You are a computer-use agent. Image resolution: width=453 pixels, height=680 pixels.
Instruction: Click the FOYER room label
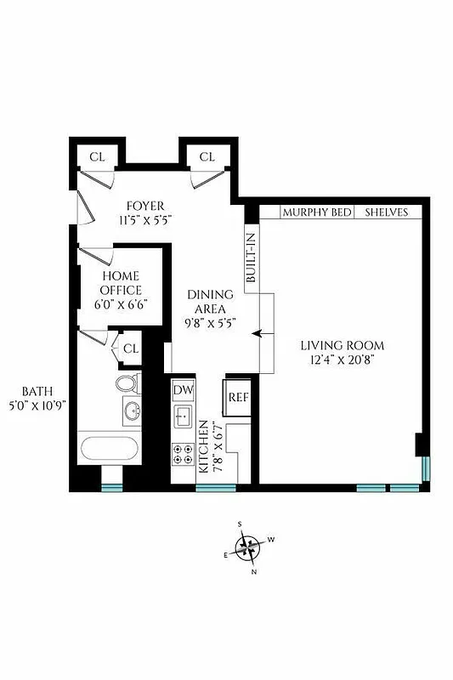(145, 207)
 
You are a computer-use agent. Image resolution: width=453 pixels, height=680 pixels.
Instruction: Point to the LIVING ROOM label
(342, 345)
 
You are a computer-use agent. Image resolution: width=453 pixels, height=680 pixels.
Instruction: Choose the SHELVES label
(387, 212)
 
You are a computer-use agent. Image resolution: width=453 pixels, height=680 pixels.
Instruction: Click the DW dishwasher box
(184, 390)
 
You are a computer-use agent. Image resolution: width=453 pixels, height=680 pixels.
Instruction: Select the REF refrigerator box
(237, 397)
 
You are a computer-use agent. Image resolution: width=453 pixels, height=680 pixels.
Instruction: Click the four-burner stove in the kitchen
(184, 456)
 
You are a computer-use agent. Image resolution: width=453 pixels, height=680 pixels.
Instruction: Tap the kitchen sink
(184, 417)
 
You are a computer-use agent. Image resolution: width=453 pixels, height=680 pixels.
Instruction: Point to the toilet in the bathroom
(126, 383)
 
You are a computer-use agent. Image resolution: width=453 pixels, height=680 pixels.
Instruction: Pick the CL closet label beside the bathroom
(130, 348)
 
